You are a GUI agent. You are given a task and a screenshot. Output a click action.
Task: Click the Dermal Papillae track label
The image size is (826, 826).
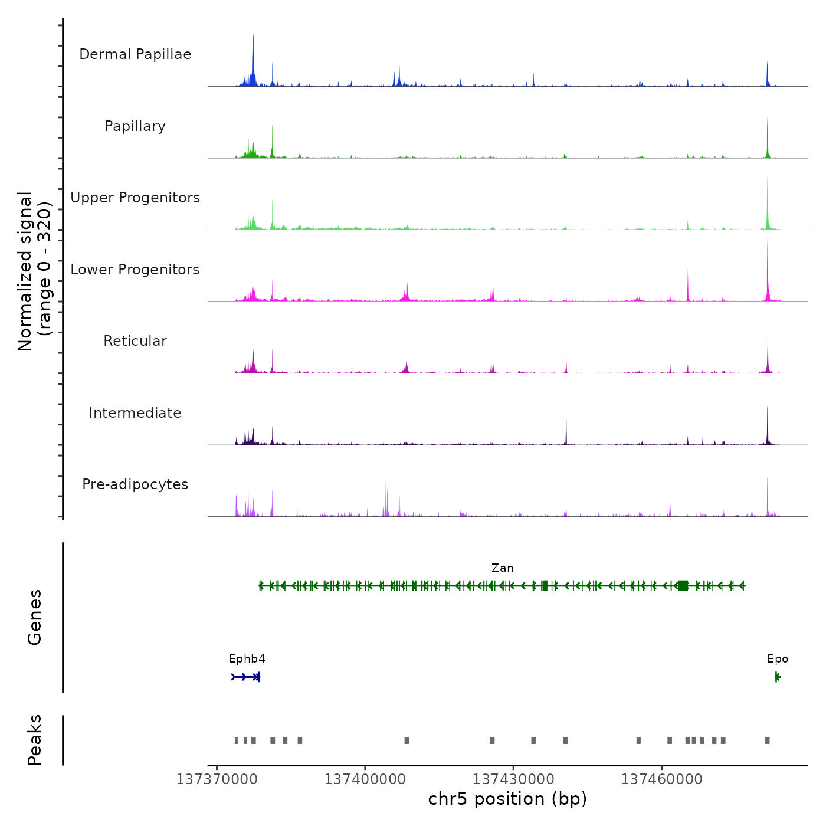click(135, 54)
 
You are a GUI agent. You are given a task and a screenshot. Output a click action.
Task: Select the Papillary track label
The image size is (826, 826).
click(135, 126)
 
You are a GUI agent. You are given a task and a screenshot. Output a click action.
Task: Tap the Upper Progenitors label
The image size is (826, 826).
click(135, 198)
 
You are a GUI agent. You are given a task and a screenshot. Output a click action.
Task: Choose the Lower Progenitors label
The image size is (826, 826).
click(135, 270)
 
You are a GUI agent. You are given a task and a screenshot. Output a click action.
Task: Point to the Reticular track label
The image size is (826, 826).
click(135, 341)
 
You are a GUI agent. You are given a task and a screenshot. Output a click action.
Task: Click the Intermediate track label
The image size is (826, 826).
click(135, 413)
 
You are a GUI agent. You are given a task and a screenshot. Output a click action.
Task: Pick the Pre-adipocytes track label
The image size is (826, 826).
click(135, 484)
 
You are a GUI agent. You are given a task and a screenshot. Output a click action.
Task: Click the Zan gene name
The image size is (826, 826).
click(502, 568)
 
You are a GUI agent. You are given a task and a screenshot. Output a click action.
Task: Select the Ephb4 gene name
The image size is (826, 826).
click(247, 659)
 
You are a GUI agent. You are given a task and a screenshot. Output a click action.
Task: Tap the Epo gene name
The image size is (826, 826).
click(778, 659)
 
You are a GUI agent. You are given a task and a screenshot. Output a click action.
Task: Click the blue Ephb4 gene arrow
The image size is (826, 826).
click(245, 677)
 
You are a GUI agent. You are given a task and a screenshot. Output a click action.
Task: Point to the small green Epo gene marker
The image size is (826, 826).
click(778, 677)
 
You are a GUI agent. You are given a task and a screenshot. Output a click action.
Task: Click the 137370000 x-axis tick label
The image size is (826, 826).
click(217, 779)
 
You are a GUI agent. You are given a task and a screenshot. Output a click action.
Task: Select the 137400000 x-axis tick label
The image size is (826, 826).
click(365, 779)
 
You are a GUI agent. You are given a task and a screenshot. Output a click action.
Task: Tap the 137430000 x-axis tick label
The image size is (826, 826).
click(513, 779)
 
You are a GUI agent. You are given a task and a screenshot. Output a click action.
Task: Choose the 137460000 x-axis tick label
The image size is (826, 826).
click(661, 779)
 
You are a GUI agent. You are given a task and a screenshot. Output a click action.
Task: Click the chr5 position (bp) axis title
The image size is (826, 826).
click(507, 799)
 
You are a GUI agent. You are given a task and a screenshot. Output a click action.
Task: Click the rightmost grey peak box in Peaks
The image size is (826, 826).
click(767, 740)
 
